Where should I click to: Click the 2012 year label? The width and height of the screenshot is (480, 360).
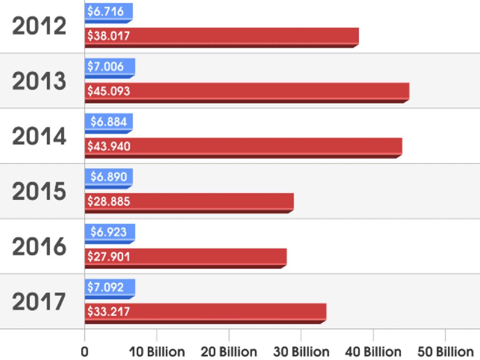tap(39, 26)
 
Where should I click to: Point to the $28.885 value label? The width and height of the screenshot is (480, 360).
tap(109, 202)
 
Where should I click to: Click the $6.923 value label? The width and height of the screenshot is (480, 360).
tap(109, 232)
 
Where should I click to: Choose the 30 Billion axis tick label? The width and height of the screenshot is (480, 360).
tap(301, 352)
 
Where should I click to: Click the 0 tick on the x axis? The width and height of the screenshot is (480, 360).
tap(85, 352)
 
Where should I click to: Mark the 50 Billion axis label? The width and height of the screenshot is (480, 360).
tap(445, 352)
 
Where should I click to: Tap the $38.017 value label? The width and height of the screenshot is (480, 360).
tap(109, 36)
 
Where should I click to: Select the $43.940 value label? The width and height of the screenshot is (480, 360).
tap(109, 146)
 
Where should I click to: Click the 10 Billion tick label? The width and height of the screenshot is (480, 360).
tap(157, 352)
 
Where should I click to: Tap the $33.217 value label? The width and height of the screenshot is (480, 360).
tap(109, 312)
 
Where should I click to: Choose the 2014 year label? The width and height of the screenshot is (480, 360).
tap(39, 136)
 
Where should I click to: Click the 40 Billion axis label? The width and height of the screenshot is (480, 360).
tap(373, 352)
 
